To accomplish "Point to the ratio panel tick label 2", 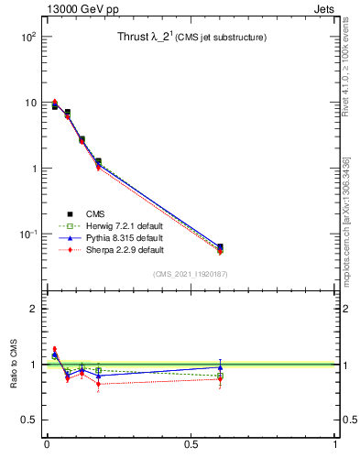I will point(32,309).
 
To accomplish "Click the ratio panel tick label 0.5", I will point(27,420).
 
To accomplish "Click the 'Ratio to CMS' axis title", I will point(14,365).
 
